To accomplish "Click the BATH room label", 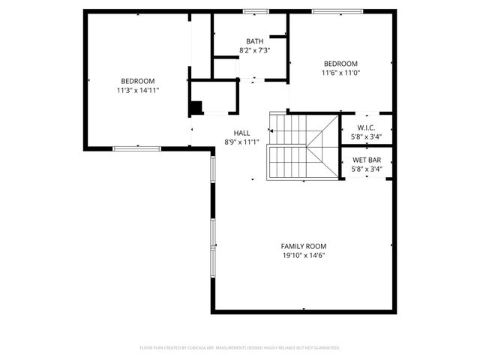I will pos(254,41).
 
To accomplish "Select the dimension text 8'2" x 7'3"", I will pos(254,50).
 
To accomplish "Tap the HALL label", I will pos(241,133).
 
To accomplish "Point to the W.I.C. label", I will pos(366,128).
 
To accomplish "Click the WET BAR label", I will pos(367,160).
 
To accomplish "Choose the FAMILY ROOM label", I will pos(304,246).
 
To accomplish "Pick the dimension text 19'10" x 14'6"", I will pos(304,255).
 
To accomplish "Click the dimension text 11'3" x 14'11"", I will pos(138,90).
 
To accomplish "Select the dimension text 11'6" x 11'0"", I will pos(340,73).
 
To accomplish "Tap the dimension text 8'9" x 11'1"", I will pos(241,142).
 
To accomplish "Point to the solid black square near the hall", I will pos(195,107).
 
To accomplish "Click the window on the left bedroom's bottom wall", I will pos(136,148).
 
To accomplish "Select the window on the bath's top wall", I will pos(256,10).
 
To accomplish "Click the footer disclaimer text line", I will pos(240,348).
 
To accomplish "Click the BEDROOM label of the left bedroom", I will pos(138,81).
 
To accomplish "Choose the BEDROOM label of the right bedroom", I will pos(340,64).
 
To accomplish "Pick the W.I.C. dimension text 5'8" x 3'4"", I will pos(367,137).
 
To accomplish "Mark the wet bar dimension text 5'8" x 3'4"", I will pos(367,169).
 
